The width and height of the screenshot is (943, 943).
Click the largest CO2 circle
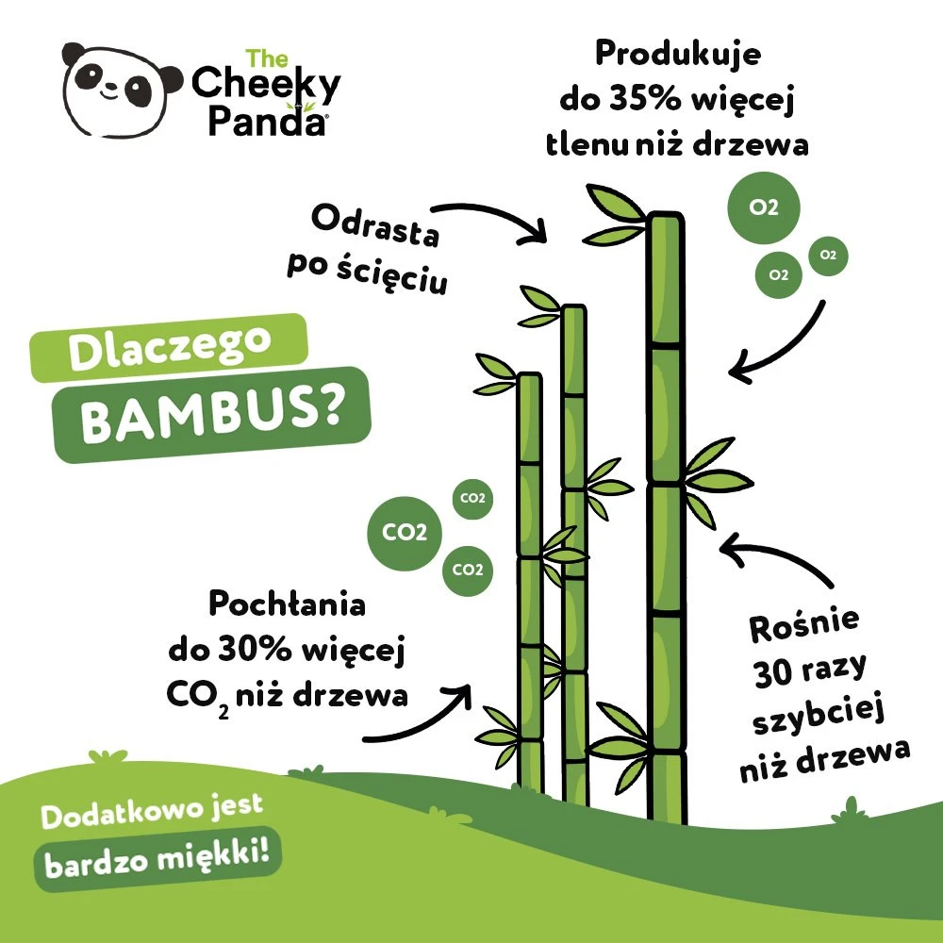pos(405,533)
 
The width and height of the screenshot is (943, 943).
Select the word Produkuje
pos(677,54)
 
